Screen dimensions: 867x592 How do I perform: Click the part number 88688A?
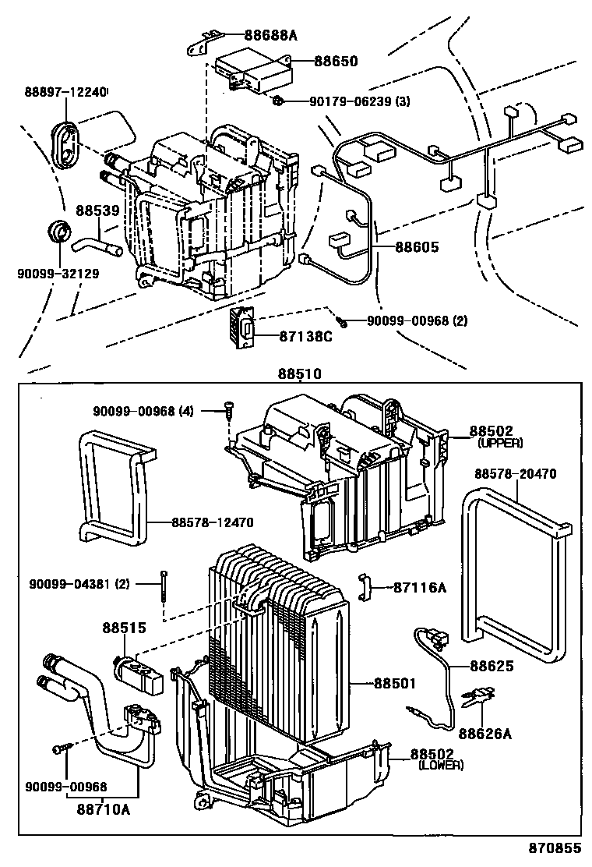click(x=270, y=34)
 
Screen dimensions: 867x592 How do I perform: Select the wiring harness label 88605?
click(x=417, y=247)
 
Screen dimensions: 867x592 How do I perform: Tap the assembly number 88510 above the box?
click(x=299, y=373)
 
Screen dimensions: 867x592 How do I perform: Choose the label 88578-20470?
click(x=515, y=473)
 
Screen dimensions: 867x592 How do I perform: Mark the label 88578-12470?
click(x=213, y=520)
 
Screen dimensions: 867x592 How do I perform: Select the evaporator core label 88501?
click(x=396, y=683)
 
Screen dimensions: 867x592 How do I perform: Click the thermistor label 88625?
click(x=492, y=665)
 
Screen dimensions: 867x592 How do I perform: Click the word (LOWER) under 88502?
click(x=440, y=765)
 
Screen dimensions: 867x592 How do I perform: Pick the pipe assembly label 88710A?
click(x=103, y=810)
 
